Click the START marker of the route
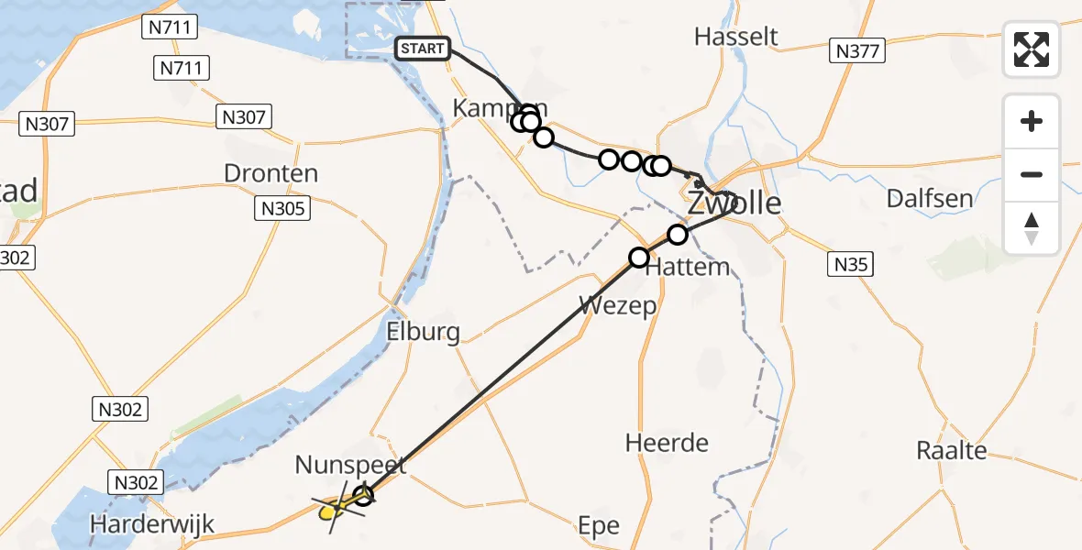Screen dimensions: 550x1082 tap(422, 49)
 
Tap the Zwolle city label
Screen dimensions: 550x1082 tap(734, 203)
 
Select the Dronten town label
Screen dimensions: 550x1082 tap(272, 173)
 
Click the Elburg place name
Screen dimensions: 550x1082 tap(424, 331)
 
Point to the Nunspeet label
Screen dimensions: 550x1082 tap(349, 466)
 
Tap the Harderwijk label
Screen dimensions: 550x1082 tap(152, 524)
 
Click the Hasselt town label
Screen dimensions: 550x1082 tap(736, 37)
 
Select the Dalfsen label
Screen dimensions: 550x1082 tap(928, 198)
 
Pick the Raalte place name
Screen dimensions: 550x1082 tap(952, 450)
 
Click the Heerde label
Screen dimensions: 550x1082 tap(667, 443)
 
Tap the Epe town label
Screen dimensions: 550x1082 tap(599, 526)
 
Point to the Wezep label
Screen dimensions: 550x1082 tap(618, 304)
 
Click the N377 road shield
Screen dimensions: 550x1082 tap(858, 50)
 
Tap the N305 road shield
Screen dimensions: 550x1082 tap(282, 209)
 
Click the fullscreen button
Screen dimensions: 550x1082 tap(1032, 49)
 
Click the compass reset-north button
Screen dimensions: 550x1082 tap(1032, 228)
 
